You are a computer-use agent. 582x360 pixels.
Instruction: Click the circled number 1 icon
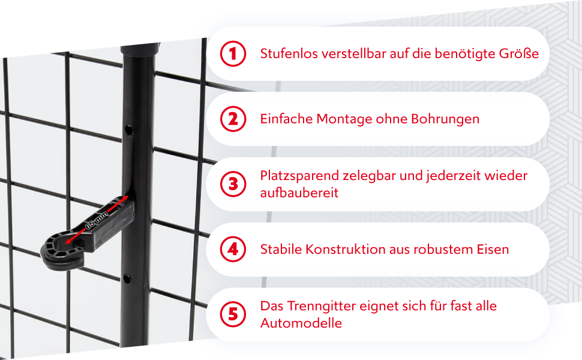click(x=233, y=54)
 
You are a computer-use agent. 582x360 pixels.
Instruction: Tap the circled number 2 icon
click(x=233, y=119)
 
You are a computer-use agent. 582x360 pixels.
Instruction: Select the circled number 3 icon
click(x=233, y=184)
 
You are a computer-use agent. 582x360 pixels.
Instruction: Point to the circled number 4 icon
click(x=233, y=250)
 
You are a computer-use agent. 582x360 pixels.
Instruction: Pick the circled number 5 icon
click(x=233, y=314)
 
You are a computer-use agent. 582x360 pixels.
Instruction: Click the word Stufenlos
click(x=289, y=54)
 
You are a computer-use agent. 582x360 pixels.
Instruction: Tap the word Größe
click(x=519, y=54)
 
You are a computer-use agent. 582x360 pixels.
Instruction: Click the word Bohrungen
click(x=445, y=119)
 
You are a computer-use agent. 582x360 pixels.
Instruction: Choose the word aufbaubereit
click(x=299, y=193)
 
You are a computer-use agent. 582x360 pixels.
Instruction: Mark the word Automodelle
click(x=301, y=323)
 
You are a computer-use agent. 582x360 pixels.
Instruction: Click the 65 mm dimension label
click(x=97, y=220)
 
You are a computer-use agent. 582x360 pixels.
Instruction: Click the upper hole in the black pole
click(x=128, y=130)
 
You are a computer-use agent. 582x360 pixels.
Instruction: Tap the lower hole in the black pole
click(x=127, y=278)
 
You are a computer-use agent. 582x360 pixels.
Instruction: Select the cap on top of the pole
click(x=140, y=49)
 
